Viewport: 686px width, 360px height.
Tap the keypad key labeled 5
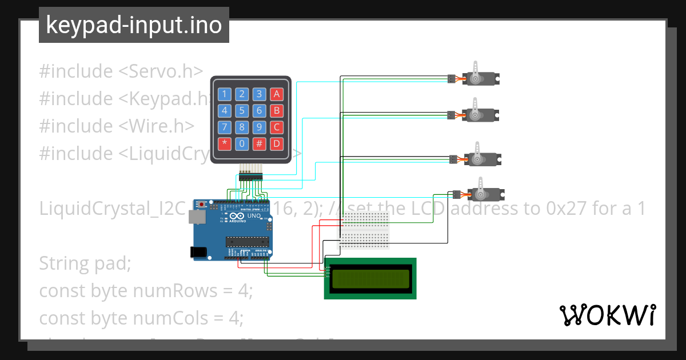pos(242,111)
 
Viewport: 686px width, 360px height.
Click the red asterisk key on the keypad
pos(225,144)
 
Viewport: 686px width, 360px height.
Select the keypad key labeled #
pos(260,144)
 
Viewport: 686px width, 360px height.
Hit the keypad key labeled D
pos(277,144)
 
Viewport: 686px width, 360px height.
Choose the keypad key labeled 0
pos(242,144)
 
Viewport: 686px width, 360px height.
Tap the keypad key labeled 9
pos(260,127)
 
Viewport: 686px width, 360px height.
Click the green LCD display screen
pos(370,278)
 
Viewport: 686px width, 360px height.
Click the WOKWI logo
pos(607,315)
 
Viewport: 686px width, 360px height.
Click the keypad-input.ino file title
pos(134,25)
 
